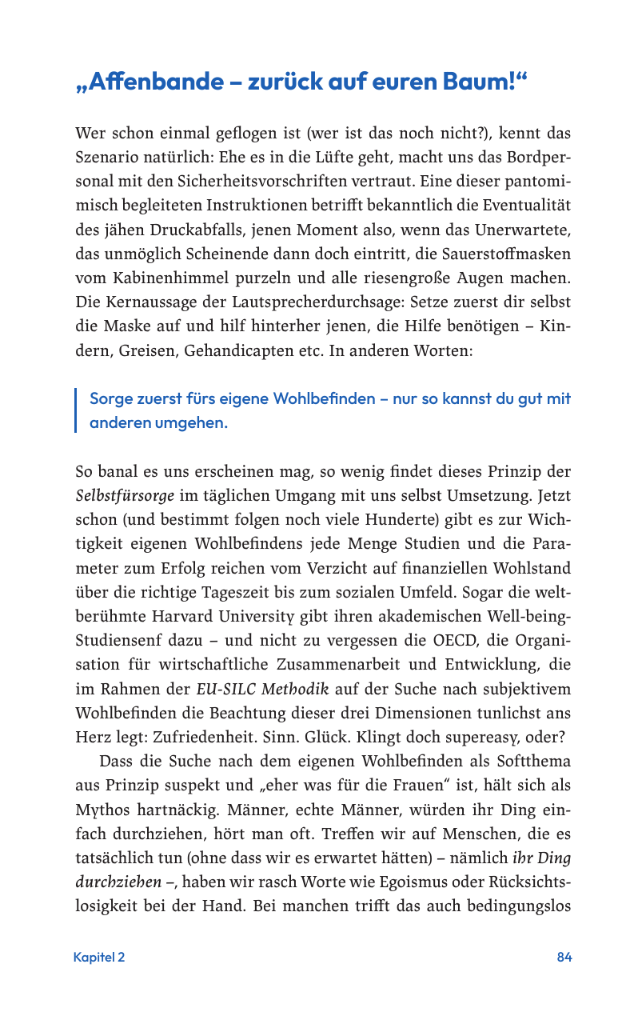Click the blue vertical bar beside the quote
coord(76,410)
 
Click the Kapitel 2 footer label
coord(99,957)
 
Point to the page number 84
coord(564,957)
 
